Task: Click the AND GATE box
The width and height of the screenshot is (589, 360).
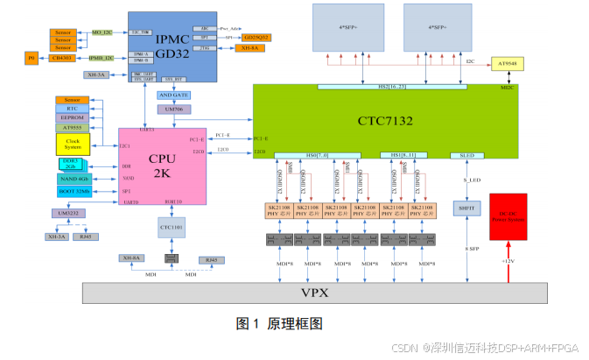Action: [173, 95]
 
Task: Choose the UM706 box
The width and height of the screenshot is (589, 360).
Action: [173, 109]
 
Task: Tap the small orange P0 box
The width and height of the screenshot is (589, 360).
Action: [32, 59]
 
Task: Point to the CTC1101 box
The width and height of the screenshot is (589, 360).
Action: [170, 227]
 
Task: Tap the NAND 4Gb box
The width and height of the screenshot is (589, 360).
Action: [74, 178]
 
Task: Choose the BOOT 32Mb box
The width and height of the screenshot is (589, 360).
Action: [74, 190]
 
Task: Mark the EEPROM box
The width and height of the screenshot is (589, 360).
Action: [71, 116]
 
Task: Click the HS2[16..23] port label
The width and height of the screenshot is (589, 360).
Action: [392, 87]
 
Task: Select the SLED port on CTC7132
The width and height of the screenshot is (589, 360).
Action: [466, 155]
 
